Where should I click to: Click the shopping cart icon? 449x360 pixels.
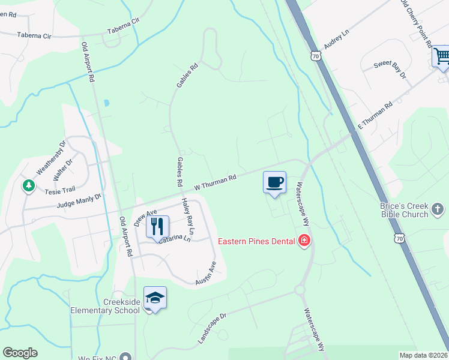pos(441,58)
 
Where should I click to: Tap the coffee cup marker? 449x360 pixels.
pos(274,182)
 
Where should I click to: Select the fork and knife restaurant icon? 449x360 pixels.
pos(157,227)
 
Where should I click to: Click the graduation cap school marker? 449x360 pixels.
pos(155,298)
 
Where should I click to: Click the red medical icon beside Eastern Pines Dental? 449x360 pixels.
pos(304,241)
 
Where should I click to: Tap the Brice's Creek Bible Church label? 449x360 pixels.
pos(404,209)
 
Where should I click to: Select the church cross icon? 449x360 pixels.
pos(438,209)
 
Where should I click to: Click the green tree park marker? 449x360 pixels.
pos(28,186)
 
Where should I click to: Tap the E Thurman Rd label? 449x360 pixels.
pos(375,115)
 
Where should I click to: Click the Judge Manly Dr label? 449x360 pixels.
pos(80,200)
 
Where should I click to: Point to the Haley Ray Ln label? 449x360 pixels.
pos(188,216)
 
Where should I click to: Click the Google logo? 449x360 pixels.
pos(20,353)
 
